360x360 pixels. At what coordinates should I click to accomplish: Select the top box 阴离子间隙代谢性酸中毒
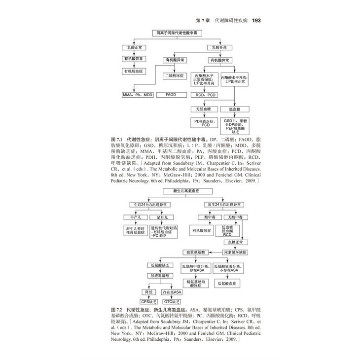(x=180, y=32)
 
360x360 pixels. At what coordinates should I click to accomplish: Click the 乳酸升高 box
(x=219, y=48)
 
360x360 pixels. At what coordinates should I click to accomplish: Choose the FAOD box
(x=171, y=94)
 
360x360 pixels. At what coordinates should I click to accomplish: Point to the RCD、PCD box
(x=205, y=94)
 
